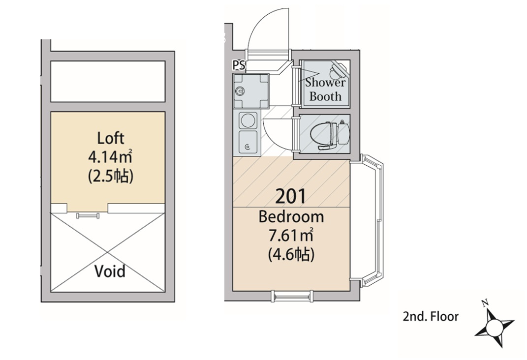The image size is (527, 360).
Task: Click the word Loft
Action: point(111,138)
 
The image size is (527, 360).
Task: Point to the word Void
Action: point(109,271)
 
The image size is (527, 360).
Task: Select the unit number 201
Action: point(290,197)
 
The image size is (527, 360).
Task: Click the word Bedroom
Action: point(291,216)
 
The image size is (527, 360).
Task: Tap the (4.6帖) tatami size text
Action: point(291,255)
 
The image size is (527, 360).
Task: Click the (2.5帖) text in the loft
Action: point(111,176)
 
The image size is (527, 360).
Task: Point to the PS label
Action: point(239,64)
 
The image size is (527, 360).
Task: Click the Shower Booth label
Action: point(325,89)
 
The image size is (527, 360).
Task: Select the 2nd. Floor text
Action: point(430,317)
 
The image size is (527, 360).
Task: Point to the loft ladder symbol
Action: point(89,215)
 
